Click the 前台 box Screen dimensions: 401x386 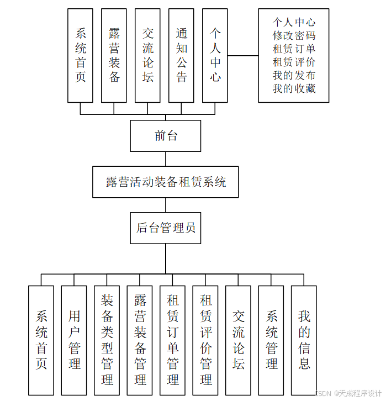pos(165,136)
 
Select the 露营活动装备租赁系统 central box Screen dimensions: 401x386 pos(165,182)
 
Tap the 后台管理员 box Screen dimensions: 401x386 pos(165,228)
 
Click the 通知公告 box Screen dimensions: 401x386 pos(181,55)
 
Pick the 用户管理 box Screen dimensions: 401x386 pos(74,340)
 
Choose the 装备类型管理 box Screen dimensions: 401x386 pos(107,340)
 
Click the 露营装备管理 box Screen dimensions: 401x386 pos(140,340)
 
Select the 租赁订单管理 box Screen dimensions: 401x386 pos(173,340)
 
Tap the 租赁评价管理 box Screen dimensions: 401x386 pos(205,340)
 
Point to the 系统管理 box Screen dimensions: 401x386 pos(271,340)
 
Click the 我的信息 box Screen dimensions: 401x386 pos(304,340)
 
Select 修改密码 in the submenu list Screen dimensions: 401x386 pos(294,35)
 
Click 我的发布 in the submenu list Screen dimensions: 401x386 pos(294,75)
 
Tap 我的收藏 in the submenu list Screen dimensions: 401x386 pos(294,88)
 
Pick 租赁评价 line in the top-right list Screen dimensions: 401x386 pos(294,62)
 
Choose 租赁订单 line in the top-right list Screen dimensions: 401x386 pos(294,49)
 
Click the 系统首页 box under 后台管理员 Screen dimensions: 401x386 pos(41,340)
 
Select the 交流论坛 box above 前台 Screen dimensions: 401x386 pos(147,55)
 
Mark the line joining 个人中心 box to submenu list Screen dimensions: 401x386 pos(243,55)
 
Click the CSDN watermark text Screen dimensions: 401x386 pos(348,393)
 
